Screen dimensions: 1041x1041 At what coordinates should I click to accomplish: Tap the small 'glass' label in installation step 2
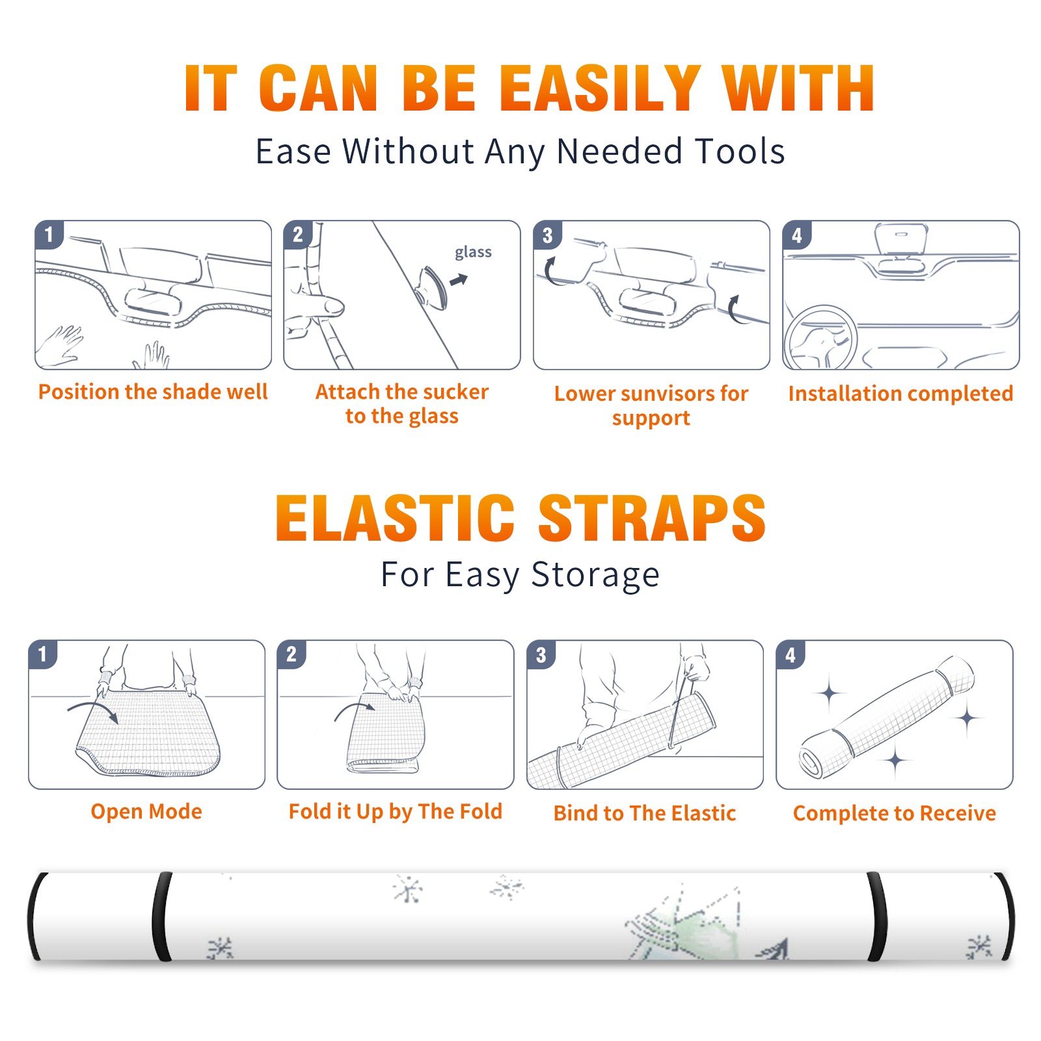click(x=473, y=252)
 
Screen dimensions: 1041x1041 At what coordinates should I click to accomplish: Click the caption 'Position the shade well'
click(x=153, y=392)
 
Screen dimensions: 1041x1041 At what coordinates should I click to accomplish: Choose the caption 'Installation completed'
click(x=900, y=393)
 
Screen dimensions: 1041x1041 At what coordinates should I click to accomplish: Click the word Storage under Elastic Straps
click(x=595, y=575)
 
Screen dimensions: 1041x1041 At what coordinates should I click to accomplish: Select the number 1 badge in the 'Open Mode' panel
click(x=43, y=654)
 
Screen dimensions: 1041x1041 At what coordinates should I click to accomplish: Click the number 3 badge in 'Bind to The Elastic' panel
click(x=541, y=655)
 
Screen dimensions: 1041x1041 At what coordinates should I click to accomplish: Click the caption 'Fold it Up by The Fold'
click(x=396, y=811)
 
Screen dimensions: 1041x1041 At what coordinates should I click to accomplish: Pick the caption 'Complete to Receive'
click(x=895, y=813)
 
